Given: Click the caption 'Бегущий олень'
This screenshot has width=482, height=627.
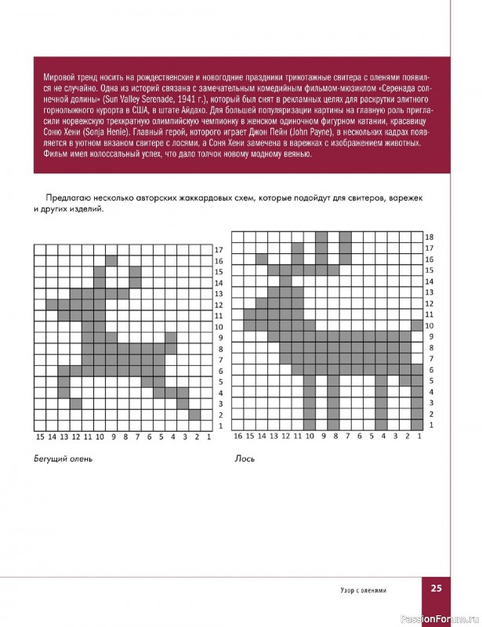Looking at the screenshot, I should pyautogui.click(x=63, y=459).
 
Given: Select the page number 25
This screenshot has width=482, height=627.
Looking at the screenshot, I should pyautogui.click(x=437, y=589).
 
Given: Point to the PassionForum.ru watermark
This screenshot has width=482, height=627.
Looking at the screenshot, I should pyautogui.click(x=440, y=619).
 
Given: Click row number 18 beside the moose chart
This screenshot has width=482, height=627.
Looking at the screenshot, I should pyautogui.click(x=429, y=236).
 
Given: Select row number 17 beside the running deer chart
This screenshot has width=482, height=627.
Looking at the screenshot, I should pyautogui.click(x=219, y=249).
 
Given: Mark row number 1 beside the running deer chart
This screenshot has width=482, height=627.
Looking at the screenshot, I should pyautogui.click(x=219, y=426).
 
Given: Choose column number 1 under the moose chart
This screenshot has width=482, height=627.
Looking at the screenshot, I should pyautogui.click(x=419, y=436).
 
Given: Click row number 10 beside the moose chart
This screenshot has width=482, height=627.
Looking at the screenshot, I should pyautogui.click(x=429, y=324).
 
